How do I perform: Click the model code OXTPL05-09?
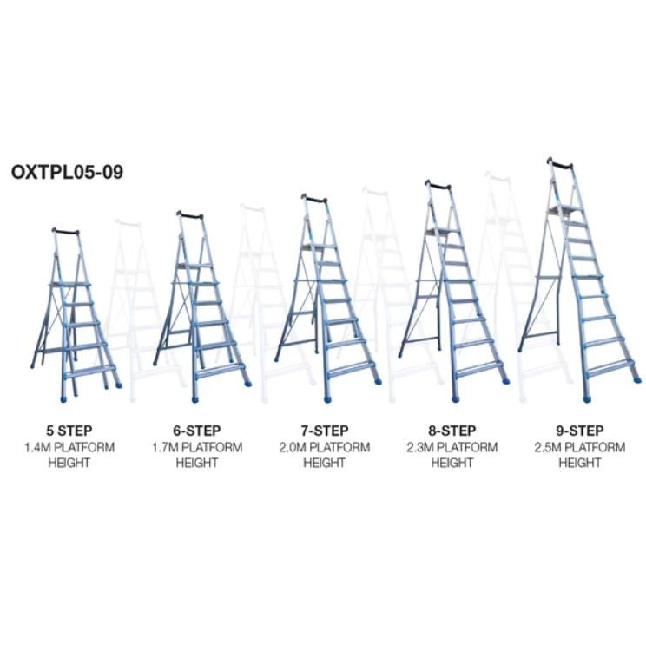67,172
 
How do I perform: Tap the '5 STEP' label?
69,431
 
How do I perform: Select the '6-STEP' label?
197,431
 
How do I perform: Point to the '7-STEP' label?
325,431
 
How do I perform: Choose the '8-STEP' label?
452,431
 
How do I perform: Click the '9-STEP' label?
580,431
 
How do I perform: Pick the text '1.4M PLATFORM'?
69,447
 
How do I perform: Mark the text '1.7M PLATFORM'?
197,447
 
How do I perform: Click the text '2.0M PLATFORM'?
325,447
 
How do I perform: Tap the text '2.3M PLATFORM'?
452,447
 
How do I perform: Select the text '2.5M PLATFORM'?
580,447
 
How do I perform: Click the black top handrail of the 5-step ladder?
65,232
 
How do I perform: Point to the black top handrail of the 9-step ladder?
560,164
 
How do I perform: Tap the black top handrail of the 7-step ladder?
314,200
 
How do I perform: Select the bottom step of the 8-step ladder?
479,369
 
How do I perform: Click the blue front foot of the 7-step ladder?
327,399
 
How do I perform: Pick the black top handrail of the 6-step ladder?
190,216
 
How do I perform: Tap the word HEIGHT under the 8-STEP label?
452,463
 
